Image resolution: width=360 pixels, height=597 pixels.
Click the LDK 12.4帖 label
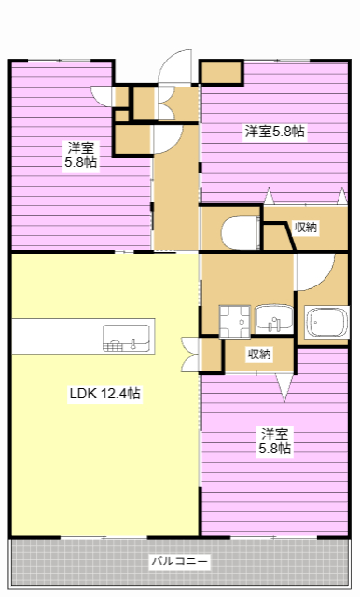click(x=104, y=394)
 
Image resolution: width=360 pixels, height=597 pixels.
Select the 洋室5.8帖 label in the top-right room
click(x=274, y=132)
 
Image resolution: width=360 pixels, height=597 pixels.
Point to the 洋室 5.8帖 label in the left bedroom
click(x=80, y=155)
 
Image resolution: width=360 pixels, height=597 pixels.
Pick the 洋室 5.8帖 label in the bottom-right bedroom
click(x=275, y=441)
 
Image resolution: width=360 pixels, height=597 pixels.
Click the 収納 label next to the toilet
click(x=305, y=227)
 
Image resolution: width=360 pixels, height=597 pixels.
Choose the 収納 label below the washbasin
click(x=259, y=354)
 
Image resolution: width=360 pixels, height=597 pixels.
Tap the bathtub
click(x=326, y=324)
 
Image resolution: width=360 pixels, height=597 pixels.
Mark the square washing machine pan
click(x=233, y=319)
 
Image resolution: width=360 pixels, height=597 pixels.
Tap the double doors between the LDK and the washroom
click(x=192, y=353)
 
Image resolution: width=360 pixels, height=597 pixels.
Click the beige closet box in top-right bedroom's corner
click(x=220, y=74)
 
